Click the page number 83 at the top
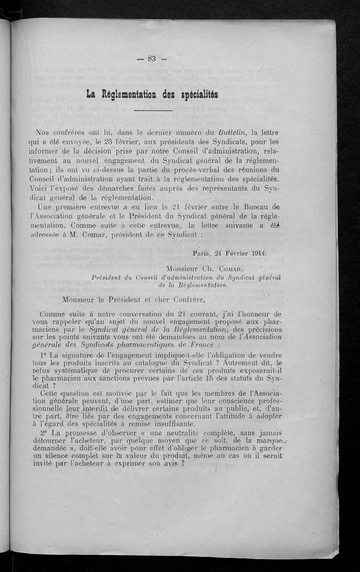(151, 58)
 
